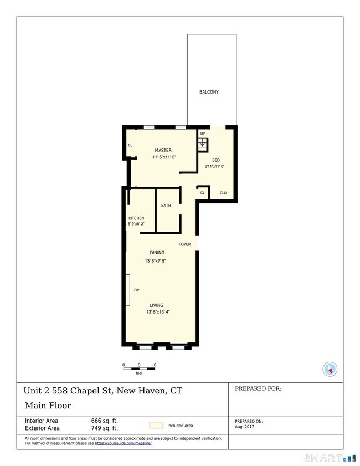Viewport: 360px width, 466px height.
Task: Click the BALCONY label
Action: tap(209, 92)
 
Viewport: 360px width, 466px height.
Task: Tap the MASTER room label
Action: tap(163, 150)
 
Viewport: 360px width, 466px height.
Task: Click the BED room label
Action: tap(216, 160)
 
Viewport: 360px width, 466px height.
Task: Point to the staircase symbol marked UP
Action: tap(203, 144)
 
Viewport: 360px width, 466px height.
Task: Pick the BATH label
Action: tap(166, 206)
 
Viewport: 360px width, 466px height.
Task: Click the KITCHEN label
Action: tap(136, 218)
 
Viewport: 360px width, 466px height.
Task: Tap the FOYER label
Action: tap(184, 244)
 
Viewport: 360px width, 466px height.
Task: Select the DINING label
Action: tap(157, 253)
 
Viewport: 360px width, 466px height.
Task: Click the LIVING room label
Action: tap(157, 305)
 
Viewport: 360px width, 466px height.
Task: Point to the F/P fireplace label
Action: tap(136, 290)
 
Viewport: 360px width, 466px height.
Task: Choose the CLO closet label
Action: tap(223, 193)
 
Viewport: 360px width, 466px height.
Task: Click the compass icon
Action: tap(330, 369)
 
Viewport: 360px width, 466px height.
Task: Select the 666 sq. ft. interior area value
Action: tap(104, 421)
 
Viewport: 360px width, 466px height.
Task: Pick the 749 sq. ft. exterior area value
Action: tap(104, 428)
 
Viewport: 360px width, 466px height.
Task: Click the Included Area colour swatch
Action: tap(156, 426)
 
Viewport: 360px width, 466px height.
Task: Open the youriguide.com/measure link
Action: tap(123, 443)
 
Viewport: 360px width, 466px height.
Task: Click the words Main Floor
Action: tap(48, 406)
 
